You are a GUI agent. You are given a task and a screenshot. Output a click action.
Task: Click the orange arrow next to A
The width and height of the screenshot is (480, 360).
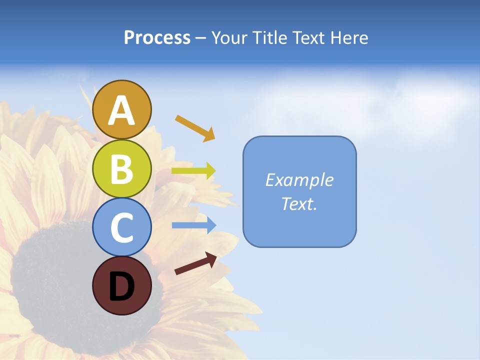(x=195, y=128)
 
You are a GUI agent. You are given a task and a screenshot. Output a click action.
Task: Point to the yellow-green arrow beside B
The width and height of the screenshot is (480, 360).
(x=193, y=171)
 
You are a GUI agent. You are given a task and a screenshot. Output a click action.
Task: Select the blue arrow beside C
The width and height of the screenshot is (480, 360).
(x=193, y=225)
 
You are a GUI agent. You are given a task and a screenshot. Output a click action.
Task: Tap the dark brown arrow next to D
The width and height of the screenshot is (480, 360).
(x=195, y=263)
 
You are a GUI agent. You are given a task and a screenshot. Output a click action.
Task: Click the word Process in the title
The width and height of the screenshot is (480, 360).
(x=157, y=38)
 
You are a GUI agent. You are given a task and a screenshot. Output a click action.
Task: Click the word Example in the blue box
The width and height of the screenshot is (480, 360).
(x=299, y=180)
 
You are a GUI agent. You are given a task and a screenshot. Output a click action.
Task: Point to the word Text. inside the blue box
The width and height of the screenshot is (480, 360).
(x=299, y=204)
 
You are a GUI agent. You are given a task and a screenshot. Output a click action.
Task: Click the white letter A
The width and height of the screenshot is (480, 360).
(x=121, y=111)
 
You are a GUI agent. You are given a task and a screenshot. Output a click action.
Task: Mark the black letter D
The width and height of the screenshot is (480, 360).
(x=121, y=286)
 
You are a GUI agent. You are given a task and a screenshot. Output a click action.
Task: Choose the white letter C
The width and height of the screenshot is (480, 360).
(x=121, y=228)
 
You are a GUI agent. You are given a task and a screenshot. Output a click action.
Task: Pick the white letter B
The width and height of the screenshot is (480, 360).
(x=121, y=169)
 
